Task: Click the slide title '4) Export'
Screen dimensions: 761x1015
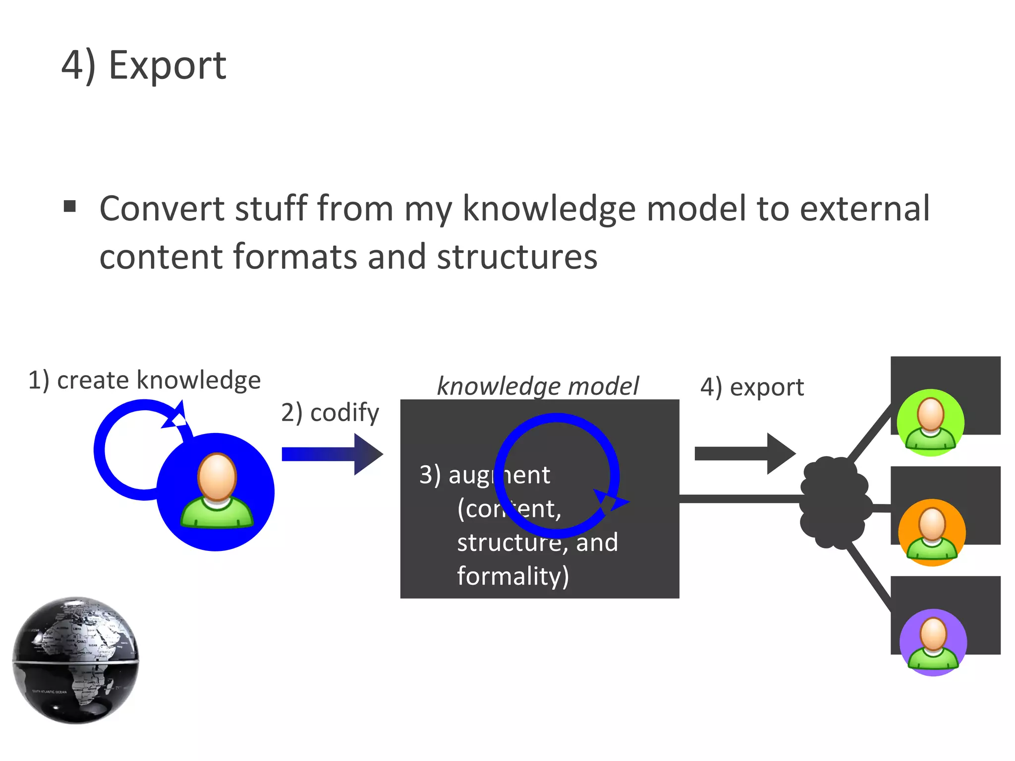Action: tap(144, 65)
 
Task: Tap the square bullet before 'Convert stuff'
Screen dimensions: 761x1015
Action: tap(70, 206)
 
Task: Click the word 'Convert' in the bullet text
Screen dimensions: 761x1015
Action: tap(162, 209)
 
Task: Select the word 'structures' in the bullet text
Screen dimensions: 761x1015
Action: tap(517, 257)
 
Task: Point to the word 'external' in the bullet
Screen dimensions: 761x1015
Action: tap(865, 209)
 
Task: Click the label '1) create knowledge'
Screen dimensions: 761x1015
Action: tap(144, 380)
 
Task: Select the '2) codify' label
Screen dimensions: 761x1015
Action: tap(330, 413)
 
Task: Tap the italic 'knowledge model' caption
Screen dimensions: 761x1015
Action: tap(538, 386)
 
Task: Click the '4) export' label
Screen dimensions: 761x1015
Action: tap(752, 387)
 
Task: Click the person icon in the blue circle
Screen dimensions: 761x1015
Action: tap(217, 490)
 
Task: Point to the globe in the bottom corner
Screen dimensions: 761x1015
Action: tap(76, 660)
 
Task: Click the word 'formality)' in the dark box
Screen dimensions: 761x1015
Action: tap(513, 576)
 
